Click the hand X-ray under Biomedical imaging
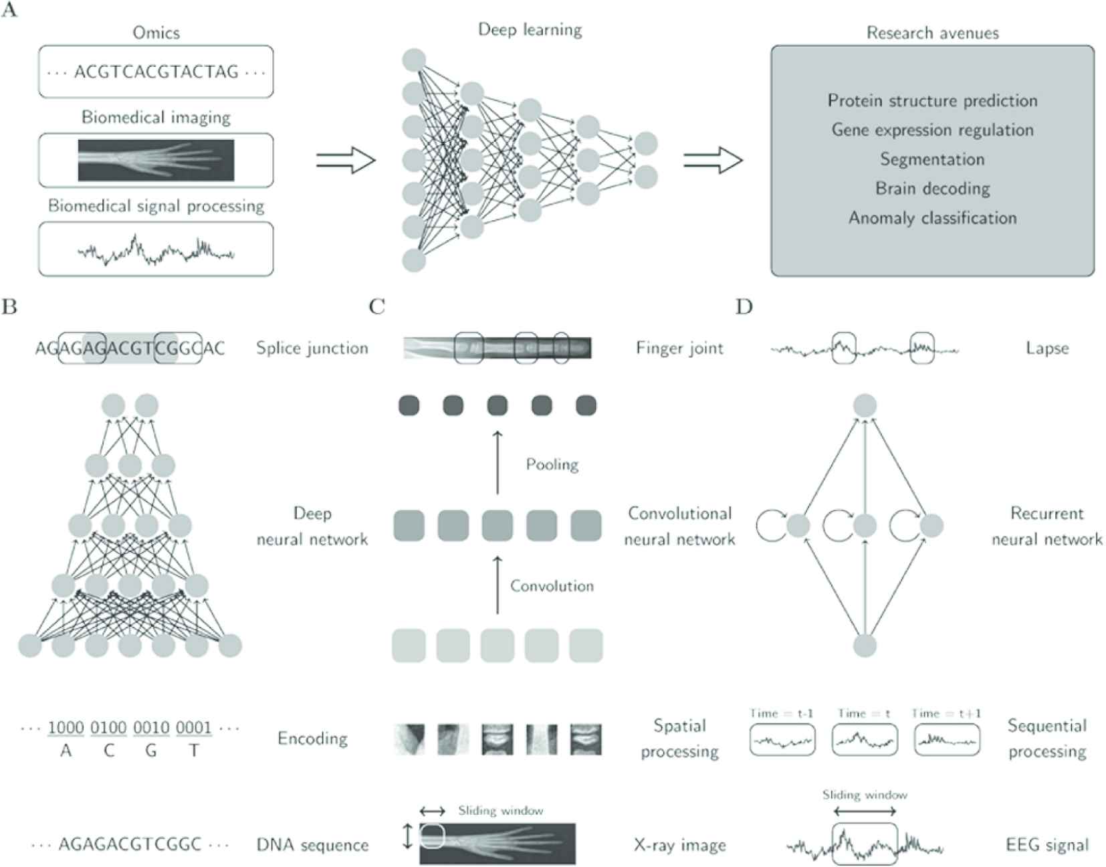156,161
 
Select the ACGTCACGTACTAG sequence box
156,72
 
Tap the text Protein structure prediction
932,101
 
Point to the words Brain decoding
932,189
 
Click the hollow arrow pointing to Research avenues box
713,161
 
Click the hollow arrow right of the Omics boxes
346,161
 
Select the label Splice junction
312,348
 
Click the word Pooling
552,464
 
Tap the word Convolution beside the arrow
552,586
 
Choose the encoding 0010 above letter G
151,728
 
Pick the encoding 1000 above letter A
66,728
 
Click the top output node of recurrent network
865,405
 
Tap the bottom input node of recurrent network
865,646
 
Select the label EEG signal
1047,845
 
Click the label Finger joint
679,348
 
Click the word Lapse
1047,348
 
